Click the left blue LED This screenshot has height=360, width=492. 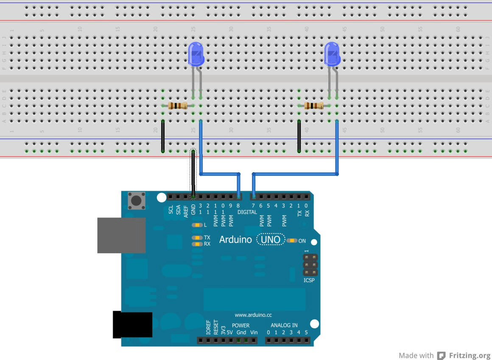pos(196,54)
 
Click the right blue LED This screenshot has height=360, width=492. pos(332,54)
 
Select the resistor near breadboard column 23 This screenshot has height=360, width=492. pos(178,106)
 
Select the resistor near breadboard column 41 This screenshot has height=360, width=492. pos(314,106)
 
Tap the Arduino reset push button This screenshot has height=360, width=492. pos(136,200)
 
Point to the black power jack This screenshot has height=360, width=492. pos(132,324)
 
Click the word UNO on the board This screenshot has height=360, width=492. pos(271,240)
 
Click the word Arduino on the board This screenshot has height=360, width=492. pos(235,240)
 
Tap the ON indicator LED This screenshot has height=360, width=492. pos(292,241)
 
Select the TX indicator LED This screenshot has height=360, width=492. pos(197,237)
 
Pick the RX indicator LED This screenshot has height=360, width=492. pos(197,244)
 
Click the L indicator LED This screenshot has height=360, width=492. pos(197,225)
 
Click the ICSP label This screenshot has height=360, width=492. pos(309,280)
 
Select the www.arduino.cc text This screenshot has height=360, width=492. pos(253,315)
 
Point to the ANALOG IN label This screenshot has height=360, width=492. pos(284,325)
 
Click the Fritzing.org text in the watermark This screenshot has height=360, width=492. pos(469,355)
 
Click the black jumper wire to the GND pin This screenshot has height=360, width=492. pos(193,174)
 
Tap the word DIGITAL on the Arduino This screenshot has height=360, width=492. pos(247,212)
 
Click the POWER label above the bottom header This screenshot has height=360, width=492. pos(240,326)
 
